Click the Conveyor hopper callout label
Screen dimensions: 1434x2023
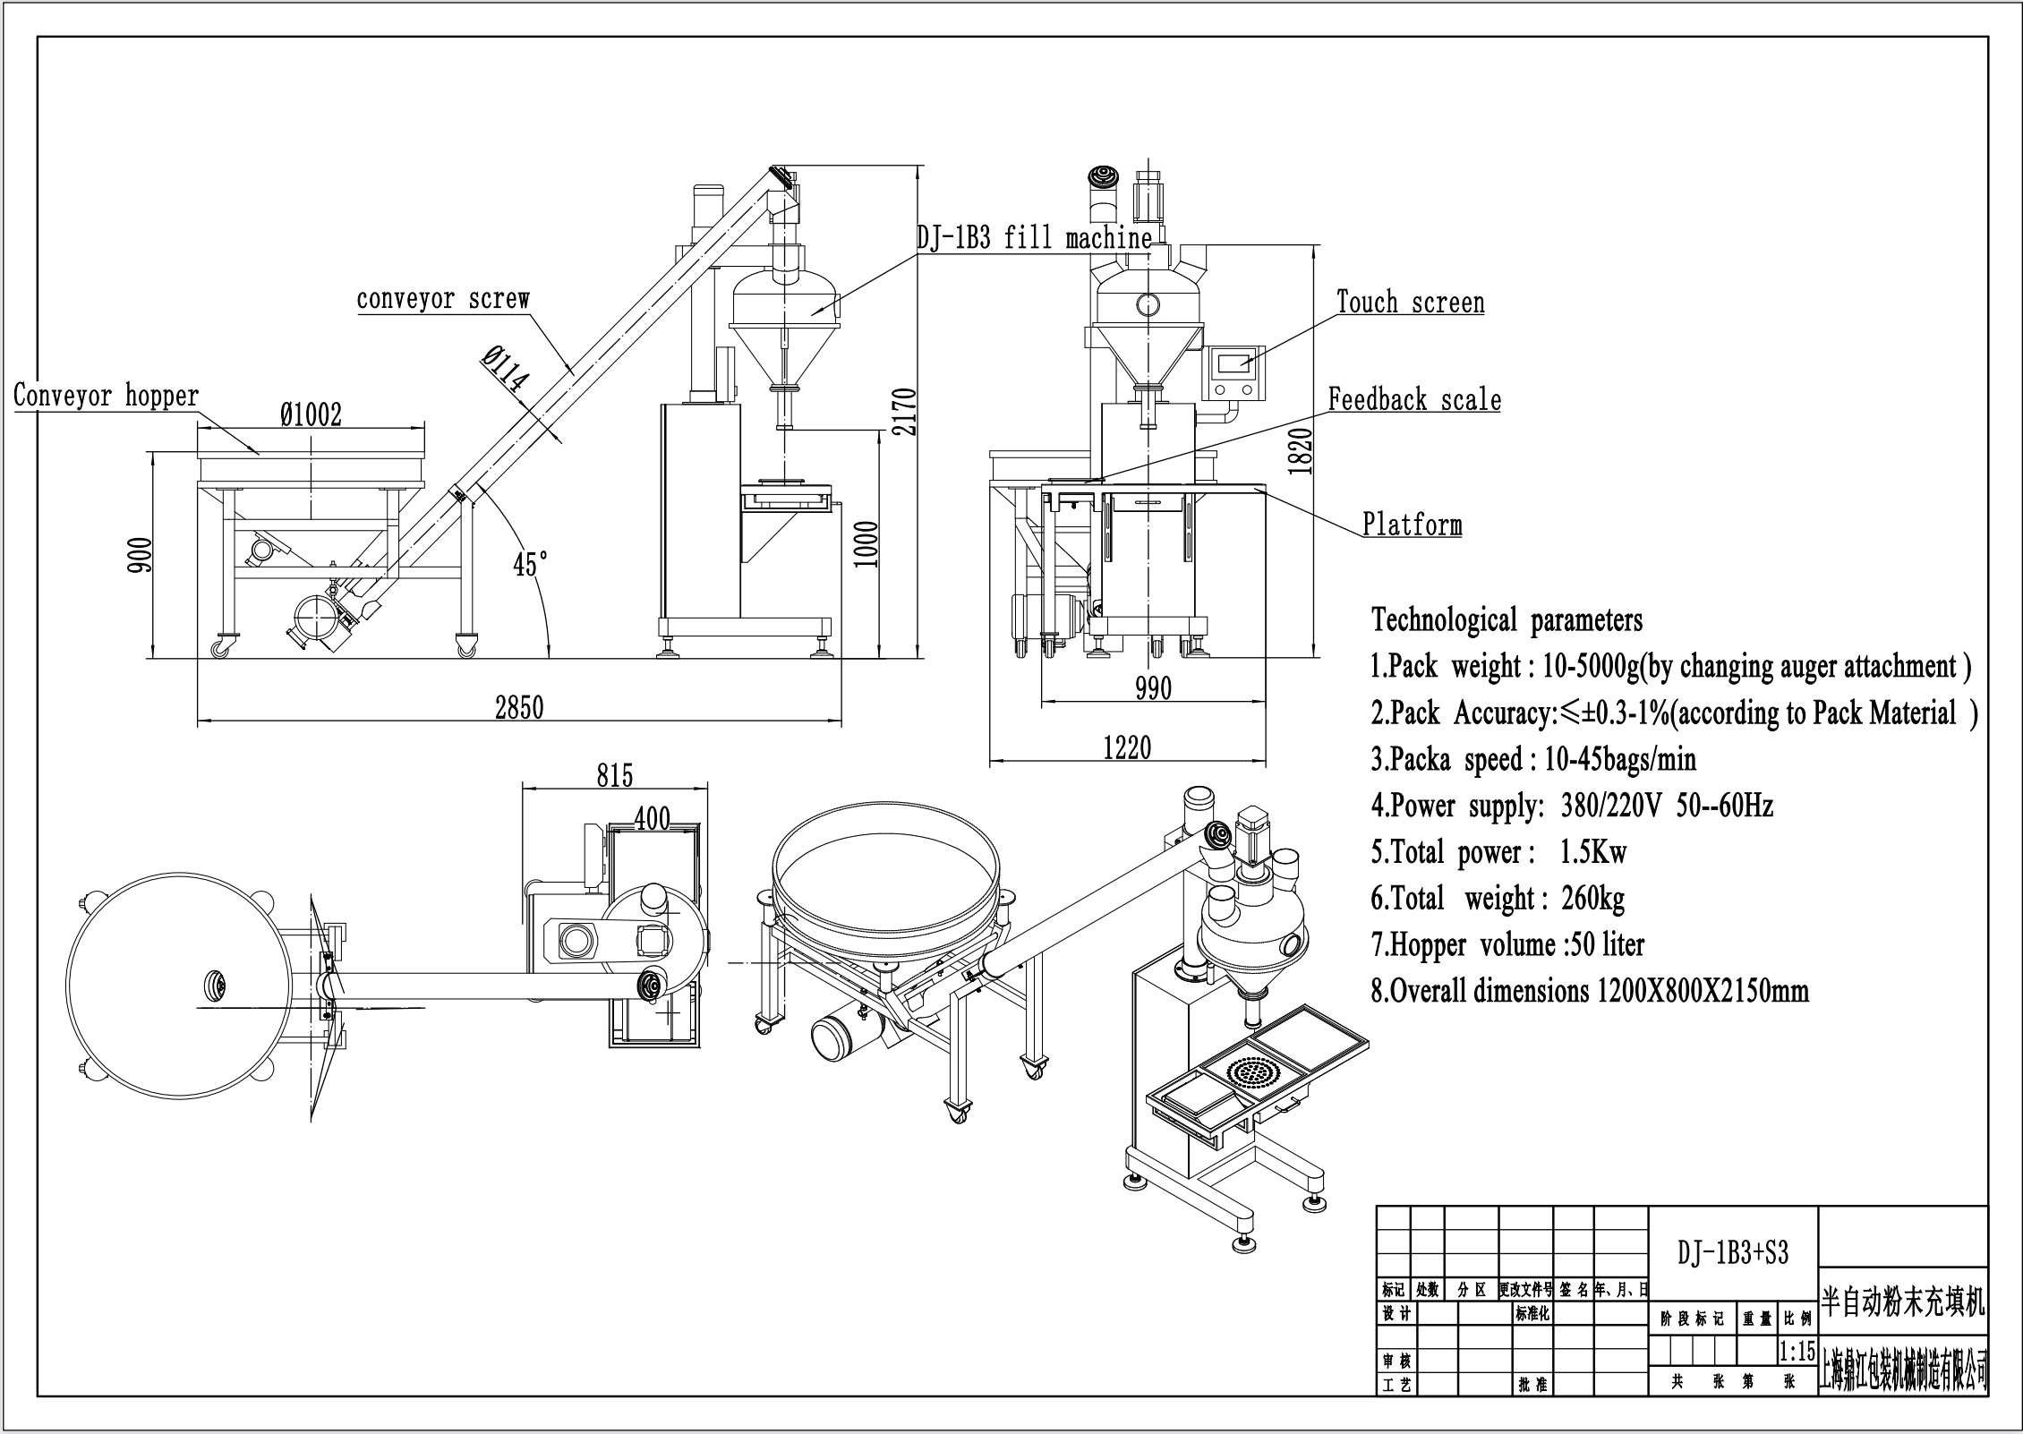[106, 396]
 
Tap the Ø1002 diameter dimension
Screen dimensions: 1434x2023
[311, 415]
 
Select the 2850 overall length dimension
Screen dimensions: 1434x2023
[519, 708]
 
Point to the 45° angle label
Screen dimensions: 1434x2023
[530, 565]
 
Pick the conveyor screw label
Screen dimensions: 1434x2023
[443, 299]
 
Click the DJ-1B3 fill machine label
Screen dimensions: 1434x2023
[1034, 238]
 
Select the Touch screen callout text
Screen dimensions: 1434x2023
[1410, 303]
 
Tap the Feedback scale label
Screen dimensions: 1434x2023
[1414, 400]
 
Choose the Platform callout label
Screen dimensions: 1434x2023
[1412, 525]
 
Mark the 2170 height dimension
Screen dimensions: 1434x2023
[905, 412]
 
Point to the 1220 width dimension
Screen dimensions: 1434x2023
[1127, 747]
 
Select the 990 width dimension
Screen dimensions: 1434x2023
[1153, 688]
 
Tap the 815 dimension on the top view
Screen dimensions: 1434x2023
[615, 775]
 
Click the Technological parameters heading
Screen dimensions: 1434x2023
[1507, 619]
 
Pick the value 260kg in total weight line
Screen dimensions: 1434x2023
[1592, 898]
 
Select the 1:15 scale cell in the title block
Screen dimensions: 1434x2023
[1797, 1351]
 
